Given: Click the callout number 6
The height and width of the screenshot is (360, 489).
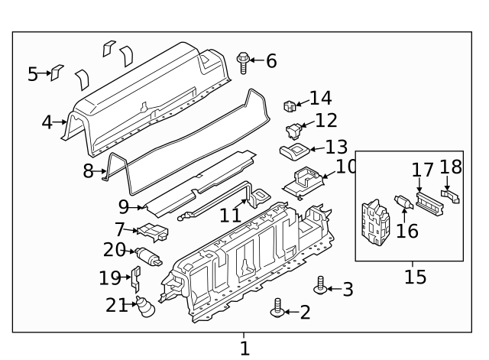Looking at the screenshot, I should point(271,61).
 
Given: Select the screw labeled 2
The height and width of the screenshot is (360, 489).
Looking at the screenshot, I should point(277,310).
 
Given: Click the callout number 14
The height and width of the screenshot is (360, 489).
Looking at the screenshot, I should point(320,99).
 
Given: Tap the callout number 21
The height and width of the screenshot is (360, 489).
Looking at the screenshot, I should point(116,306).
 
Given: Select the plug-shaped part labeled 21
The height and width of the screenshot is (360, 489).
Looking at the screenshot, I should point(144,308).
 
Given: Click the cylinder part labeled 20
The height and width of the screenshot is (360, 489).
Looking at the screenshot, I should point(147,256).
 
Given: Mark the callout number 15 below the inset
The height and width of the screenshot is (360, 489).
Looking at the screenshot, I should point(415,276).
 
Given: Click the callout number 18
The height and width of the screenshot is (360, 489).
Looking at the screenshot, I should point(451,167).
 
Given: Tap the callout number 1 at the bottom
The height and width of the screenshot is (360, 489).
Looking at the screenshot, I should point(244,349).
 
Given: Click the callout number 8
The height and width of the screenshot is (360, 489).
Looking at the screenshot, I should point(89,172).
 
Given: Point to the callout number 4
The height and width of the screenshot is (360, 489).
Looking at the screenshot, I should point(47,122).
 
